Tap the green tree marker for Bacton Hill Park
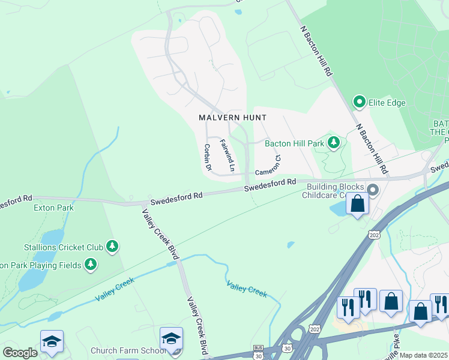(x=334, y=143)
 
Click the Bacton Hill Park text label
(x=294, y=143)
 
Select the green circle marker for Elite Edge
(x=360, y=102)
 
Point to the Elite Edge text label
(x=387, y=103)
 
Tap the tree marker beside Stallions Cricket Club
(x=112, y=245)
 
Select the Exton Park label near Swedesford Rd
(x=53, y=208)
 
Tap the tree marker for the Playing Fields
(x=91, y=264)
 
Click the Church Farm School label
(x=122, y=350)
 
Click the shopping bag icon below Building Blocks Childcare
(x=357, y=203)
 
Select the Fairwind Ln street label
(x=226, y=153)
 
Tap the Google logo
(x=20, y=353)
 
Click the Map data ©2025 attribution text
(x=424, y=355)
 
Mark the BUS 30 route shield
(x=258, y=352)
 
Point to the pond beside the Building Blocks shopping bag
(x=337, y=208)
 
